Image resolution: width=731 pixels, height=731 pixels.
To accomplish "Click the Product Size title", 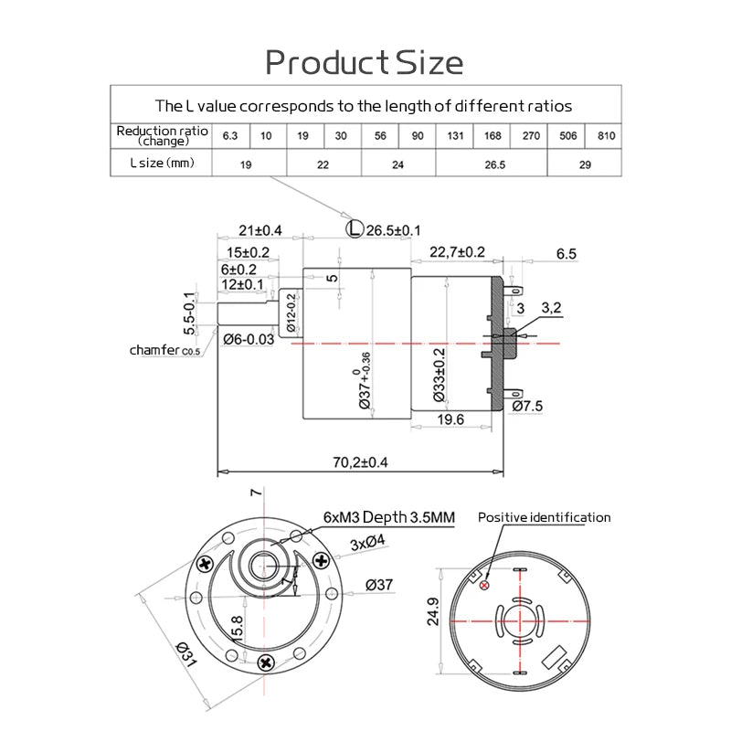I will (364, 62).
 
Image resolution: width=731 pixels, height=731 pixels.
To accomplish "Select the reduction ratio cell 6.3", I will (230, 136).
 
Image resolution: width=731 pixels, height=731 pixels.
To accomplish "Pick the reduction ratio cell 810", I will (604, 136).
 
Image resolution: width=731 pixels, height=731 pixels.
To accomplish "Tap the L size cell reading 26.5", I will (492, 164).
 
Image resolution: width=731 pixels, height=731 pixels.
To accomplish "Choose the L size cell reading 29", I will (585, 164).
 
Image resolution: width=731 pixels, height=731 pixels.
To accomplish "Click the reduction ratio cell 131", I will (454, 136).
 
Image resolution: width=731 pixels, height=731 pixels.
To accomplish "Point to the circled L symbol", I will (355, 229).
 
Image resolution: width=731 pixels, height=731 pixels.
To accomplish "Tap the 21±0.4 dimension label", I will (260, 229).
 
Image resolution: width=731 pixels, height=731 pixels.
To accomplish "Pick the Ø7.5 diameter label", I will (528, 405).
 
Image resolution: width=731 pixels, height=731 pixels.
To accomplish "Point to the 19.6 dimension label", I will (450, 419).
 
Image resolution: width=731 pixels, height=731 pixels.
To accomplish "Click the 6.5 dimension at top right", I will (567, 254).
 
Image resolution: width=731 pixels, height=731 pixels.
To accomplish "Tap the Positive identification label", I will (544, 517).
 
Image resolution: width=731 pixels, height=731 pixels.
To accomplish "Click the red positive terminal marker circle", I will (484, 586).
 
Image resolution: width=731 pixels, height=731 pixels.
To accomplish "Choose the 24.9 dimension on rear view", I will (433, 611).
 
